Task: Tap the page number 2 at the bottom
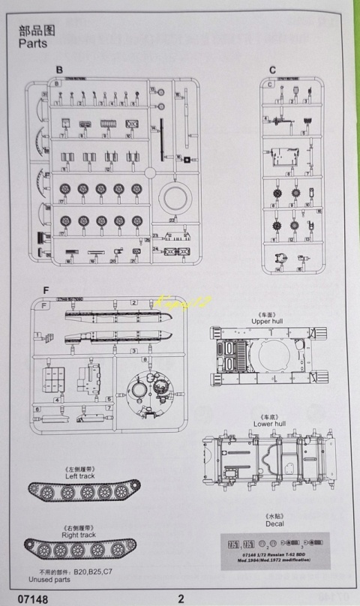click(181, 598)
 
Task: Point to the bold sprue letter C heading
click(273, 70)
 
